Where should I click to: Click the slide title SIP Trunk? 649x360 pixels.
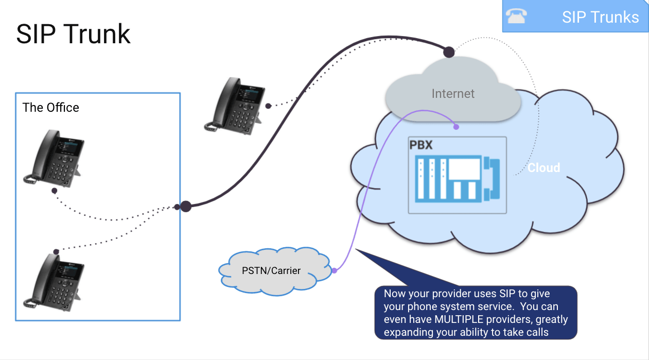(x=73, y=34)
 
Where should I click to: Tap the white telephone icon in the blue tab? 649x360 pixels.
(x=516, y=16)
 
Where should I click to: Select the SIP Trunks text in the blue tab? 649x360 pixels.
(x=600, y=17)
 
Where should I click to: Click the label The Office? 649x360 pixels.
(x=51, y=108)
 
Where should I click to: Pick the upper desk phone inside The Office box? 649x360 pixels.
(x=53, y=157)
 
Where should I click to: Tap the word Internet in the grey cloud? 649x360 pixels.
(x=453, y=94)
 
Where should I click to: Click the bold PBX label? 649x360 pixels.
(x=421, y=145)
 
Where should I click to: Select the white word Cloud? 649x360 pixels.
(x=543, y=167)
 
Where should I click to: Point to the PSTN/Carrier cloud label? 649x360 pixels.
(x=271, y=270)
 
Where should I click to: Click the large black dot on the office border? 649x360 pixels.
(x=186, y=207)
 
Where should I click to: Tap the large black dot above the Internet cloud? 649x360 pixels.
(x=449, y=52)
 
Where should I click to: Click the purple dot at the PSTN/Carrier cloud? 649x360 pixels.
(x=335, y=270)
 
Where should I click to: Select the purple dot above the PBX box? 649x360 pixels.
(x=455, y=126)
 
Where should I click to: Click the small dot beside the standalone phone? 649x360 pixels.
(x=268, y=106)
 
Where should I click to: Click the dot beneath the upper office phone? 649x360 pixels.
(x=54, y=190)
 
